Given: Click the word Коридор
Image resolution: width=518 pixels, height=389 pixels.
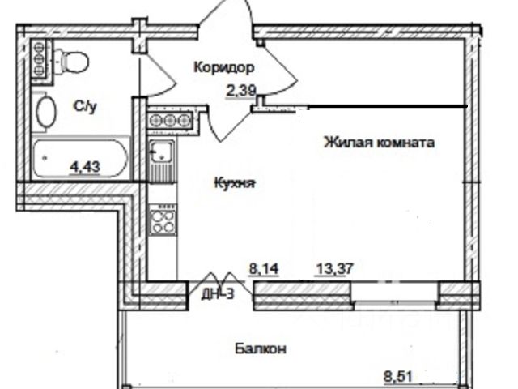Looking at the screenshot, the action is click(224, 68).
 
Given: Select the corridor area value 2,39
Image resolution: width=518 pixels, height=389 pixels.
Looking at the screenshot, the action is click(241, 91).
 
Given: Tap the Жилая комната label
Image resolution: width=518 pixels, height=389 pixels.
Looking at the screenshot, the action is click(379, 143).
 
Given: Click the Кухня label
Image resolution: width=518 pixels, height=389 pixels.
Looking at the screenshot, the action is click(235, 183).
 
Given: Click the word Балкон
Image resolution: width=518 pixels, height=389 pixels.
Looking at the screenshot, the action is click(261, 349).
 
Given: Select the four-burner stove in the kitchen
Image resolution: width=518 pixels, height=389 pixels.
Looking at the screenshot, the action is click(163, 219).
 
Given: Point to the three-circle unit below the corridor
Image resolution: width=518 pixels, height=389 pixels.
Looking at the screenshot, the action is click(171, 120).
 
